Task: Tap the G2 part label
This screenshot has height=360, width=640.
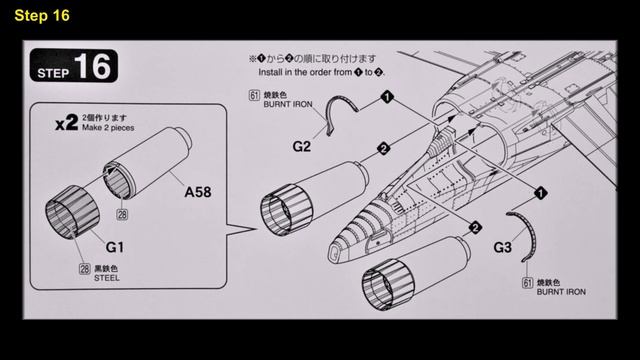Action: pyautogui.click(x=302, y=145)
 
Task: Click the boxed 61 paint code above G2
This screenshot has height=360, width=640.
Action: pyautogui.click(x=252, y=97)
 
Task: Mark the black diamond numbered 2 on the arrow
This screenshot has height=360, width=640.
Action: pyautogui.click(x=382, y=149)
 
